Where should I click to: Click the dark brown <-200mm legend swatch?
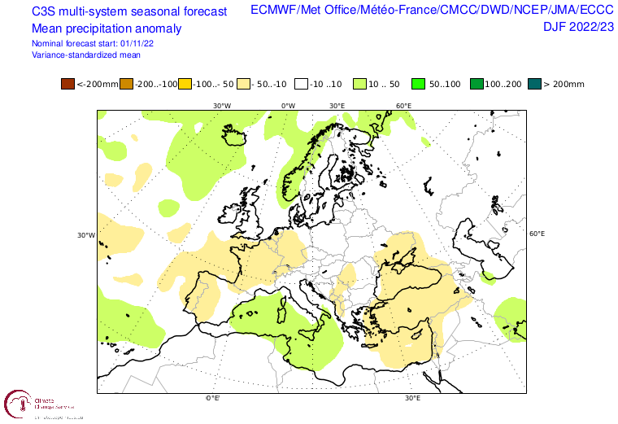[67, 84]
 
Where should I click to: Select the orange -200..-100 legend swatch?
[126, 84]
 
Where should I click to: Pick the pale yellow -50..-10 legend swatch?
[243, 84]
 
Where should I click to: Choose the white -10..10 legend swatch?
[302, 84]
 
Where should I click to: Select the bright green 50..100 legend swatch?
[419, 84]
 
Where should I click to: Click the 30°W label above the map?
[221, 106]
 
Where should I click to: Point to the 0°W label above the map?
[288, 106]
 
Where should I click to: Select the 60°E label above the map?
[403, 106]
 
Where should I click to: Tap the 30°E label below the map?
[412, 398]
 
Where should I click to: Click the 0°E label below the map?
[213, 398]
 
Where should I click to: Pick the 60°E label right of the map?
[537, 234]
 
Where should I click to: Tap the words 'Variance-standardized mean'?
[85, 55]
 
